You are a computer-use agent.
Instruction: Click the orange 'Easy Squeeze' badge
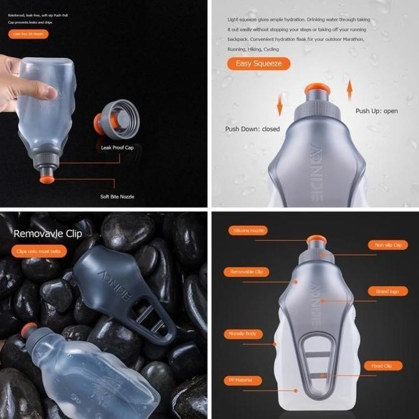click(x=259, y=63)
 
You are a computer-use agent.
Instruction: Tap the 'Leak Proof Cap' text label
click(x=117, y=148)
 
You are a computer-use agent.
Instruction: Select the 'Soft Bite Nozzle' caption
click(x=117, y=196)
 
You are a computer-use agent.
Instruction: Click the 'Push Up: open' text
click(x=377, y=111)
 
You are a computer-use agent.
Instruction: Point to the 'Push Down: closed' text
click(x=252, y=129)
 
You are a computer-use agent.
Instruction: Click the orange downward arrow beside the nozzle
click(x=280, y=105)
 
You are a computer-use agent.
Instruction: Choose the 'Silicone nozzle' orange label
click(x=248, y=231)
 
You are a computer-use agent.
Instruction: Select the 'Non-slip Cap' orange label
click(x=388, y=245)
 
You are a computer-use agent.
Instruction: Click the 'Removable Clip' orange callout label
click(x=246, y=272)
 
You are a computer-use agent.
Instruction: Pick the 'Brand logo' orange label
click(x=388, y=291)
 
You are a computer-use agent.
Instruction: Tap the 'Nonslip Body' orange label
click(x=243, y=334)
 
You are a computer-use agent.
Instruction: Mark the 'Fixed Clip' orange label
click(x=383, y=366)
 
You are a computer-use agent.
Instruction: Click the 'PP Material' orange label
click(x=242, y=380)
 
